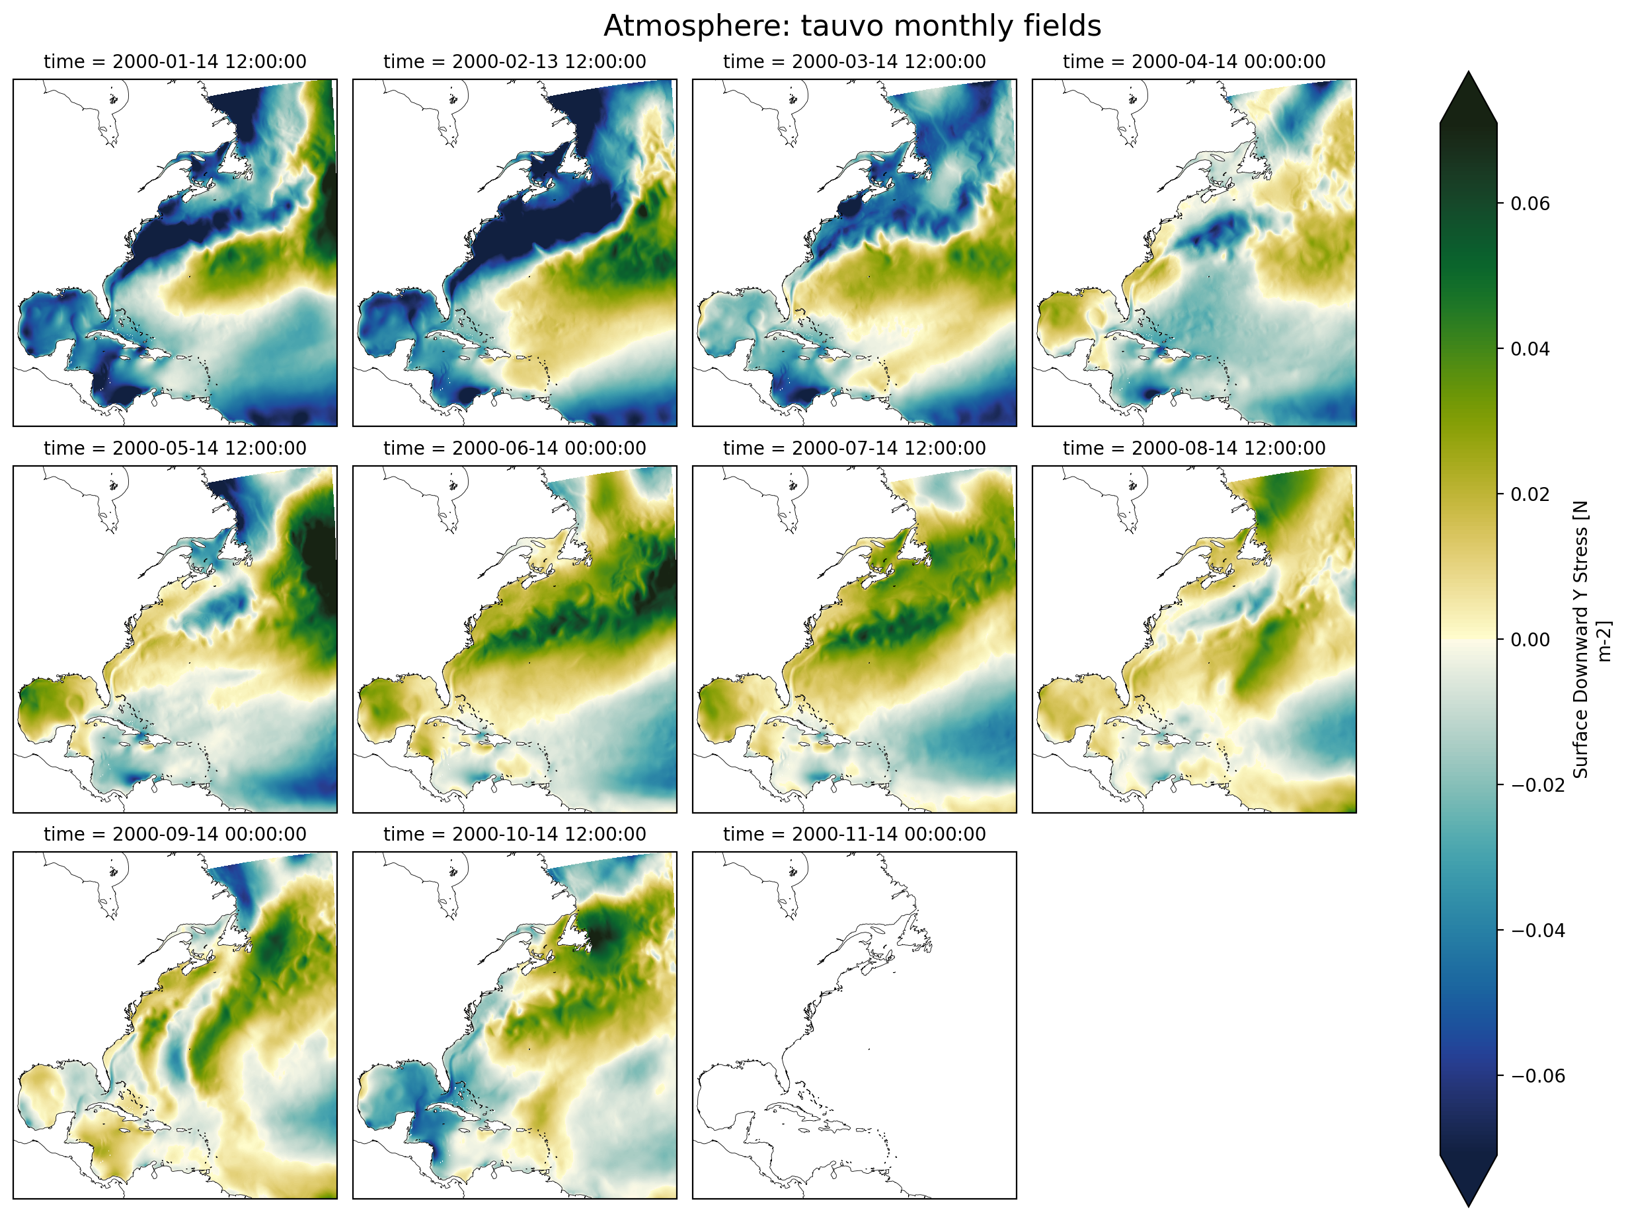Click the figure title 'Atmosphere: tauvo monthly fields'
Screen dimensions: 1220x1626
coord(852,26)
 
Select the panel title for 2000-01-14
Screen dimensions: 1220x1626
coord(175,61)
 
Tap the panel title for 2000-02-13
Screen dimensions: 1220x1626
coord(514,61)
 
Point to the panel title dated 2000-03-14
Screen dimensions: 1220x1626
coord(854,61)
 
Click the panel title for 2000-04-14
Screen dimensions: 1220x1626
coord(1194,61)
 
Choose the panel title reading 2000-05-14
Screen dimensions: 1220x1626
coord(175,448)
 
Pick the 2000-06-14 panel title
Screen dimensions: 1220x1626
coord(514,448)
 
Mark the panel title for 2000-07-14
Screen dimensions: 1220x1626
coord(854,448)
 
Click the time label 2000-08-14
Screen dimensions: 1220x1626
coord(1194,448)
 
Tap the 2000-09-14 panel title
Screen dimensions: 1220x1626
coord(175,834)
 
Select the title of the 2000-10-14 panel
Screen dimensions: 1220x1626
coord(514,834)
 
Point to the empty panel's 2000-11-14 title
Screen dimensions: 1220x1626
coord(854,834)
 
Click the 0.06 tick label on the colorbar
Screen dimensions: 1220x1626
coord(1529,204)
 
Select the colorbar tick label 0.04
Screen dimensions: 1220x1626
coord(1529,349)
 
